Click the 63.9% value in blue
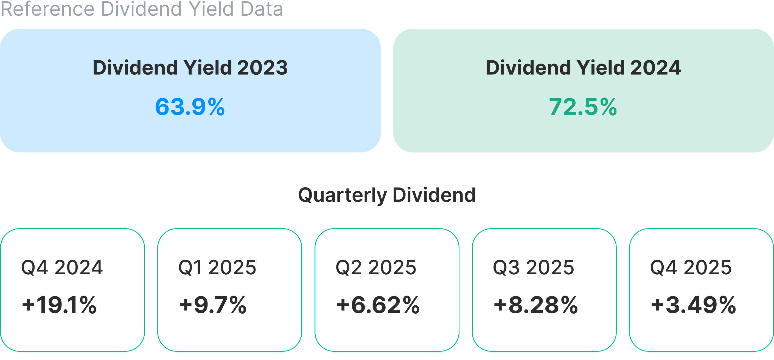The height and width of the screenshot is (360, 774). (x=190, y=107)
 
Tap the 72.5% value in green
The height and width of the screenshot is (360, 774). (x=583, y=107)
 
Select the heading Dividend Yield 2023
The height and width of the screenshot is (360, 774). (x=190, y=68)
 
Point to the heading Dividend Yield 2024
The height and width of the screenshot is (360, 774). (x=583, y=68)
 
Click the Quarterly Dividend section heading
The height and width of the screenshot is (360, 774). (x=387, y=195)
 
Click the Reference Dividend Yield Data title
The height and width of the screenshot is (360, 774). (x=142, y=9)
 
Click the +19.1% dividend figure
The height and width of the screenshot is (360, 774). (x=59, y=305)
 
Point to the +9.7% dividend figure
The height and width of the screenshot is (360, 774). (x=213, y=305)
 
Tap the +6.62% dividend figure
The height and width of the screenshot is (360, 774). (x=378, y=305)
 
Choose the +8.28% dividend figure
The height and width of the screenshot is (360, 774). (x=536, y=305)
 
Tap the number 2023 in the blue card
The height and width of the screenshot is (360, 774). (x=262, y=68)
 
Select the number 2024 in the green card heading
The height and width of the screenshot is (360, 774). (x=655, y=68)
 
